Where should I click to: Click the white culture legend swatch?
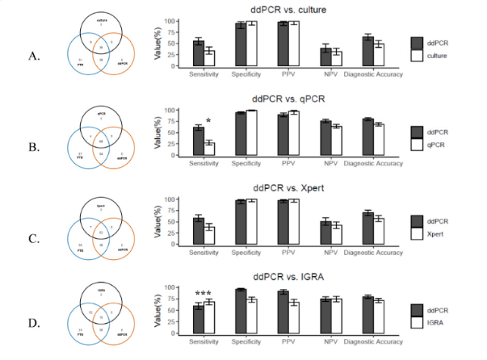[418, 56]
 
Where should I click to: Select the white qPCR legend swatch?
[418, 145]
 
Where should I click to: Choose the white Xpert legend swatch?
[418, 233]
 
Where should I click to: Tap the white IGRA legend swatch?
[418, 322]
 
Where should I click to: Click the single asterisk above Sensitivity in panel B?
[208, 123]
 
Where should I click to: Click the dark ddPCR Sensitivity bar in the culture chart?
[198, 54]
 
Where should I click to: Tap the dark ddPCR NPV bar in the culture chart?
[326, 57]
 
